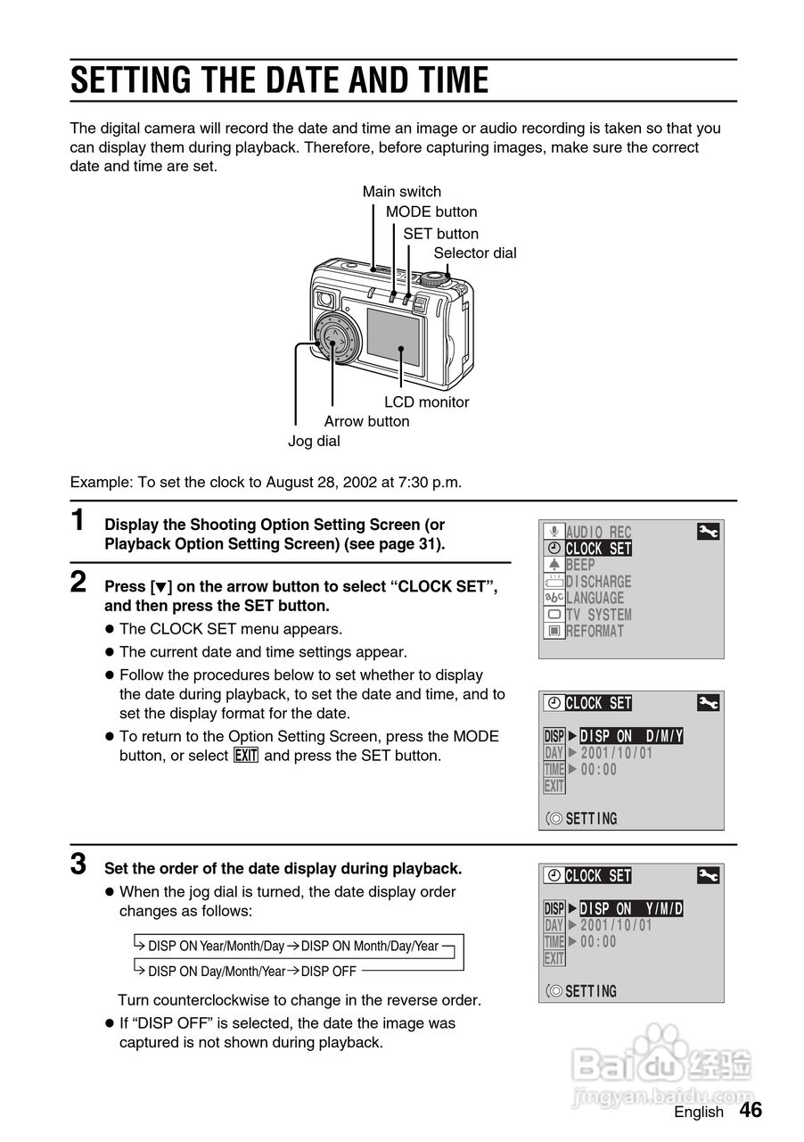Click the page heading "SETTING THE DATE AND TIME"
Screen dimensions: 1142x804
pyautogui.click(x=279, y=81)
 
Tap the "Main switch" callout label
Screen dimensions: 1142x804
pyautogui.click(x=401, y=192)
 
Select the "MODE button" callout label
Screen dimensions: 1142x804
pyautogui.click(x=431, y=212)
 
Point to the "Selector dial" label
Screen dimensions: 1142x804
pyautogui.click(x=475, y=253)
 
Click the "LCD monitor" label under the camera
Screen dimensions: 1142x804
pyautogui.click(x=426, y=402)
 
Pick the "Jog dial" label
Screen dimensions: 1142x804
pyautogui.click(x=314, y=442)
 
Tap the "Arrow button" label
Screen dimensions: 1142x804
pyautogui.click(x=366, y=422)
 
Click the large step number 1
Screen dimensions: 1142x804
pyautogui.click(x=79, y=519)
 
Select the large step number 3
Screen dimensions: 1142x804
pyautogui.click(x=79, y=864)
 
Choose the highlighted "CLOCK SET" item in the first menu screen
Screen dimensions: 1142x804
pyautogui.click(x=598, y=549)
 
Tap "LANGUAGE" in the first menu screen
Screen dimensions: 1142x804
pyautogui.click(x=595, y=599)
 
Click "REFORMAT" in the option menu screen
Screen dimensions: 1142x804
pyautogui.click(x=595, y=632)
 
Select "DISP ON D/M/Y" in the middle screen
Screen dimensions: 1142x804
pyautogui.click(x=631, y=736)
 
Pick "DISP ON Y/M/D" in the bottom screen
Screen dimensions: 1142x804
pyautogui.click(x=631, y=909)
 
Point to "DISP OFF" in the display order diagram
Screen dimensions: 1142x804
pyautogui.click(x=329, y=972)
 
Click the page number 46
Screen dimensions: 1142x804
pyautogui.click(x=751, y=1110)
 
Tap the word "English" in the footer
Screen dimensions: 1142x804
pyautogui.click(x=699, y=1113)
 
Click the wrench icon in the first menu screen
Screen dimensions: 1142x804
pyautogui.click(x=709, y=533)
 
